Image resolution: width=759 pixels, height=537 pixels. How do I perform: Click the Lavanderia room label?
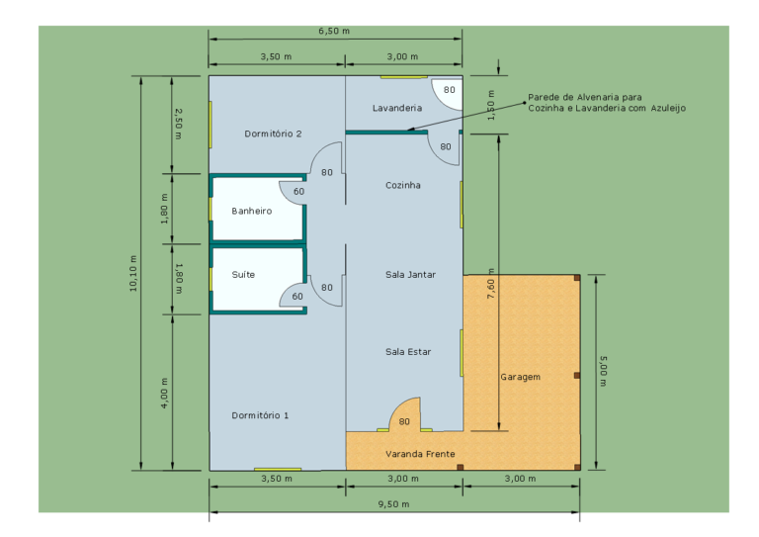397,108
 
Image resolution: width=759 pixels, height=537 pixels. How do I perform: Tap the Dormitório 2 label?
273,134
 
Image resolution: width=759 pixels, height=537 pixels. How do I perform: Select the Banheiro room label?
252,211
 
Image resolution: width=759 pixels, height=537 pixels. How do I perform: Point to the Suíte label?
243,275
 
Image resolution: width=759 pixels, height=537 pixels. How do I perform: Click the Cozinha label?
403,185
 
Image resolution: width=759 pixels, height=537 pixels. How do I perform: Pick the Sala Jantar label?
410,275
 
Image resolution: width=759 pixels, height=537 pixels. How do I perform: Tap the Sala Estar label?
408,352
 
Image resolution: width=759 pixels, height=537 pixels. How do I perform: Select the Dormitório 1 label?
260,415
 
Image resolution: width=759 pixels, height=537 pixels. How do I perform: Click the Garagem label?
521,377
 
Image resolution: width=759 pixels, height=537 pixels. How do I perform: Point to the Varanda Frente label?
420,454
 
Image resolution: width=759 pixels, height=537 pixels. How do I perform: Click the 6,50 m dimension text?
334,31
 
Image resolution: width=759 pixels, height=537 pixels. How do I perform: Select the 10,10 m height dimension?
133,274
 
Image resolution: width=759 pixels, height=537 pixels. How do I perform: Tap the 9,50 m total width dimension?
393,504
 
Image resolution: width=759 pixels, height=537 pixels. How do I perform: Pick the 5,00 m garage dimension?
603,372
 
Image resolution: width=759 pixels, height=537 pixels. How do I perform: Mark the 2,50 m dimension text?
178,124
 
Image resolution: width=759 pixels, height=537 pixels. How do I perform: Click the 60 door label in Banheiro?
298,192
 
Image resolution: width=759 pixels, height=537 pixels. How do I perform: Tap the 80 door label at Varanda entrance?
404,421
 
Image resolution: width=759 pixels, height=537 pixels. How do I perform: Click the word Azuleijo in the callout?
668,108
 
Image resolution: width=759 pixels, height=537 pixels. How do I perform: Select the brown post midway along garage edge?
576,375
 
